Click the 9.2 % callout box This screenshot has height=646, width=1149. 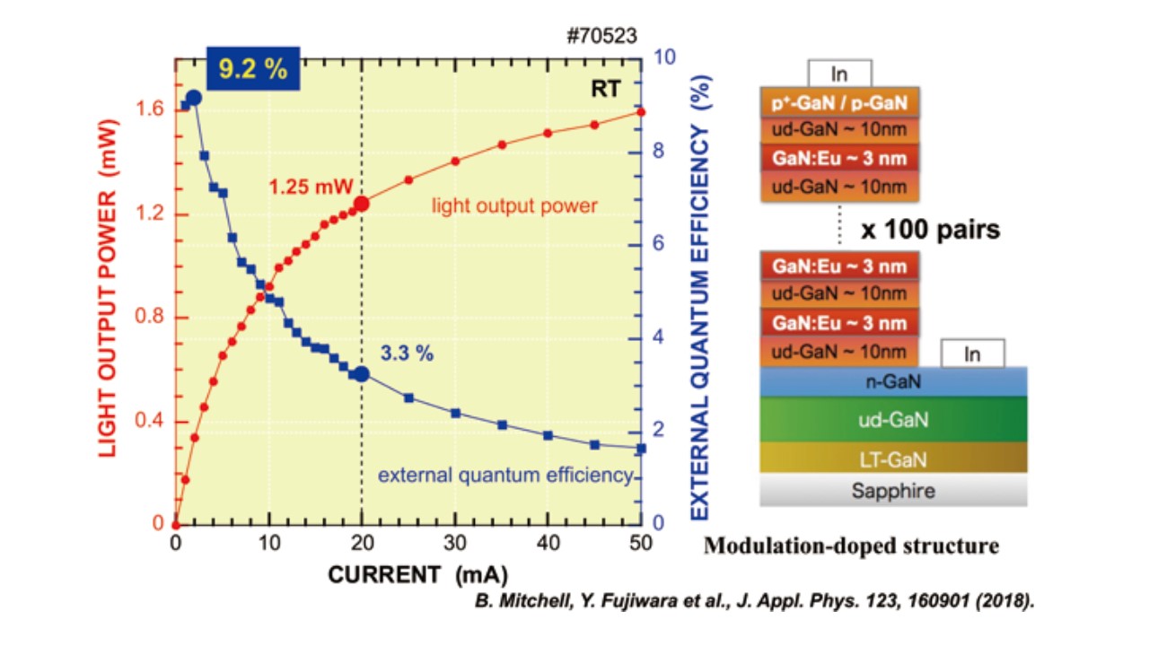pos(253,69)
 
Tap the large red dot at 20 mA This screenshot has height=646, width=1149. pos(361,204)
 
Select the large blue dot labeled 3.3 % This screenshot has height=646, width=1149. pos(361,374)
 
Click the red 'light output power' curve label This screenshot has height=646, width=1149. pos(514,206)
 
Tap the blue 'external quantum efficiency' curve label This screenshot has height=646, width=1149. pos(505,475)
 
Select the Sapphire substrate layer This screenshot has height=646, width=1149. pos(892,491)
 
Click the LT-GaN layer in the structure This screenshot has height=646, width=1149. pos(892,459)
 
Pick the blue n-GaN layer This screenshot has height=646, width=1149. pos(892,382)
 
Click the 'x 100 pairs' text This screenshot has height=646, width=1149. pos(930,230)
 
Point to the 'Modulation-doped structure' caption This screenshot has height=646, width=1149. pos(851,545)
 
